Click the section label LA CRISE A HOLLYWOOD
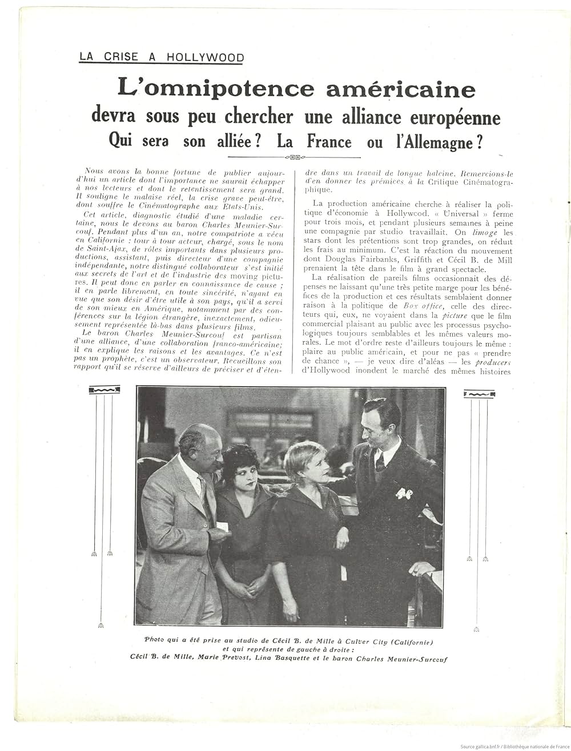coord(161,57)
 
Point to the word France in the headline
coord(329,142)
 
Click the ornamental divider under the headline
coord(293,157)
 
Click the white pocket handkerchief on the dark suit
coord(404,492)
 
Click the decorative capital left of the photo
coord(104,390)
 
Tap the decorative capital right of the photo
coord(479,394)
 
